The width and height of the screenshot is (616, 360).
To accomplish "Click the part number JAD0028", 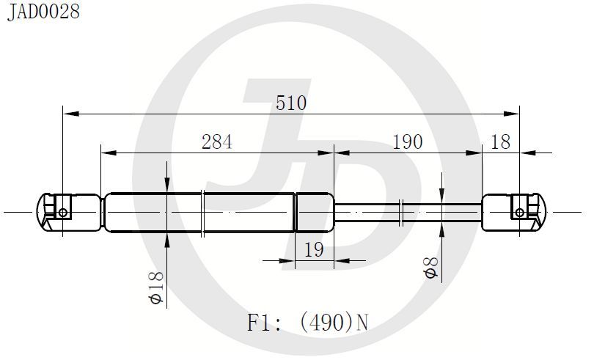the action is [x=43, y=12].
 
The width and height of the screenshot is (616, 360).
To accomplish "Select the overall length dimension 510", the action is [x=290, y=103].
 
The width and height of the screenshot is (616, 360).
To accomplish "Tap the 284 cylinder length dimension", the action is [x=217, y=142].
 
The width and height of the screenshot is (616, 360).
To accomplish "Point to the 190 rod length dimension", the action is [x=408, y=142].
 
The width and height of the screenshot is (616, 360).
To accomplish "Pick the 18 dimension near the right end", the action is [x=500, y=142].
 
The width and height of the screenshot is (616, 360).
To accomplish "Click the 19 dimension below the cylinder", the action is [x=315, y=250].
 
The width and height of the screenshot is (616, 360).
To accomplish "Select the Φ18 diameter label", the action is [x=156, y=287].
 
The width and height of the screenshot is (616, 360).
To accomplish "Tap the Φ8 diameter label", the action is [x=431, y=268].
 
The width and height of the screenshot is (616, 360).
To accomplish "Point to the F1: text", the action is [x=264, y=323].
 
